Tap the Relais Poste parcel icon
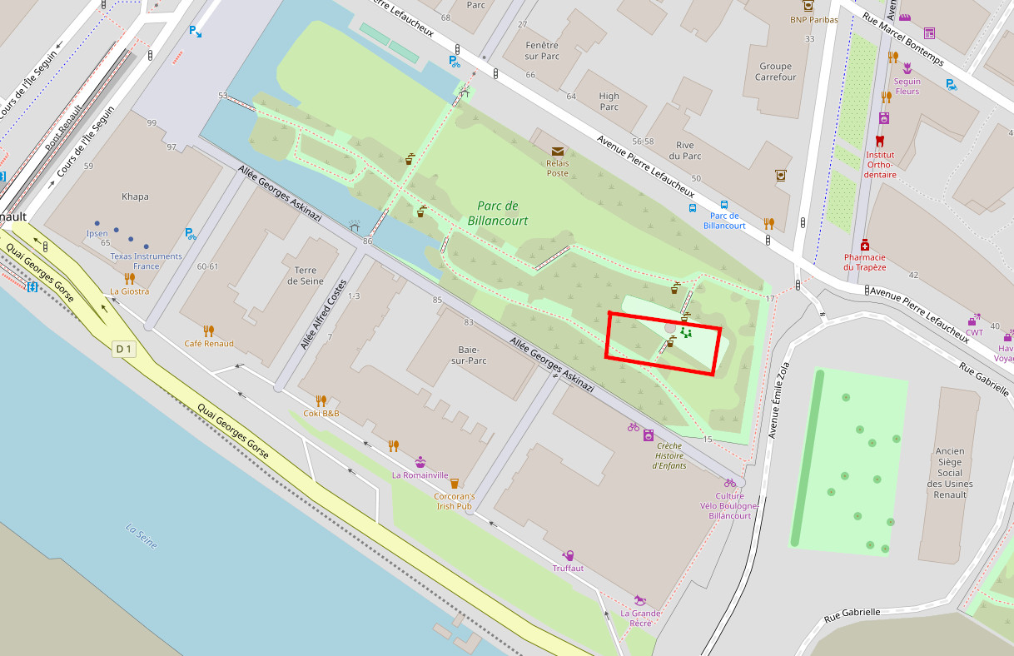(x=556, y=152)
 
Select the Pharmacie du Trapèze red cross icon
(x=865, y=245)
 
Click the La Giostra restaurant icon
(x=129, y=278)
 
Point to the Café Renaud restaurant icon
(x=208, y=330)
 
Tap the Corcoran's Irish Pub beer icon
(x=454, y=483)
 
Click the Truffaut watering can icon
(x=569, y=555)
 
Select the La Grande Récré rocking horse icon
(x=639, y=599)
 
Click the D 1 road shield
(x=123, y=350)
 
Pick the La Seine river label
(x=141, y=535)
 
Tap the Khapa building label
(x=135, y=197)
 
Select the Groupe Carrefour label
(x=775, y=72)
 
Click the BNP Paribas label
(x=813, y=20)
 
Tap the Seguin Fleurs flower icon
(x=907, y=68)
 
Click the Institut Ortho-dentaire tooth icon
(x=880, y=142)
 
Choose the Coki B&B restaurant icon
(x=321, y=400)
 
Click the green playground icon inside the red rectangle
(x=686, y=333)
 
